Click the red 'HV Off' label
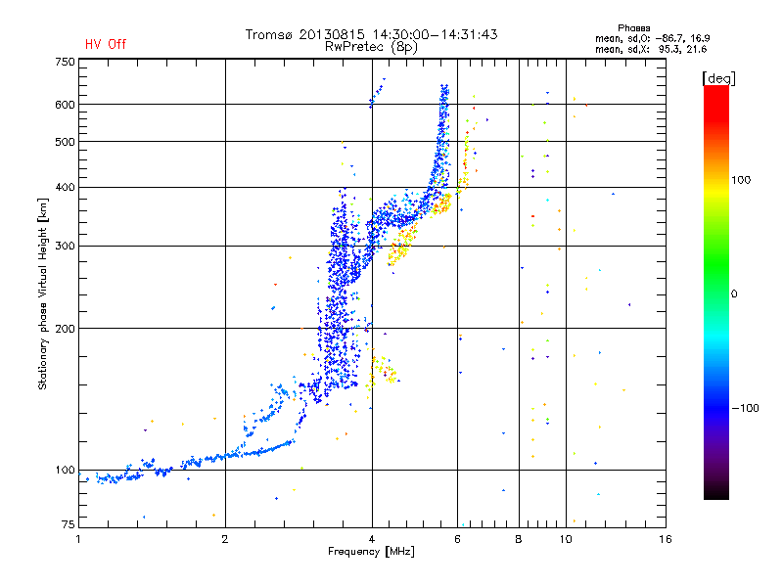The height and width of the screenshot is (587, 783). pyautogui.click(x=106, y=44)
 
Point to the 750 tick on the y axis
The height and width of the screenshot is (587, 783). pyautogui.click(x=65, y=62)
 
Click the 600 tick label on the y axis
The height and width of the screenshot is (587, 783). pyautogui.click(x=65, y=104)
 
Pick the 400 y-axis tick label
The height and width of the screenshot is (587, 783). pyautogui.click(x=65, y=187)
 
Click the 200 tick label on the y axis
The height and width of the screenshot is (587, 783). pyautogui.click(x=65, y=329)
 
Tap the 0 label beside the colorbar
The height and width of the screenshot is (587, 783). pyautogui.click(x=737, y=293)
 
